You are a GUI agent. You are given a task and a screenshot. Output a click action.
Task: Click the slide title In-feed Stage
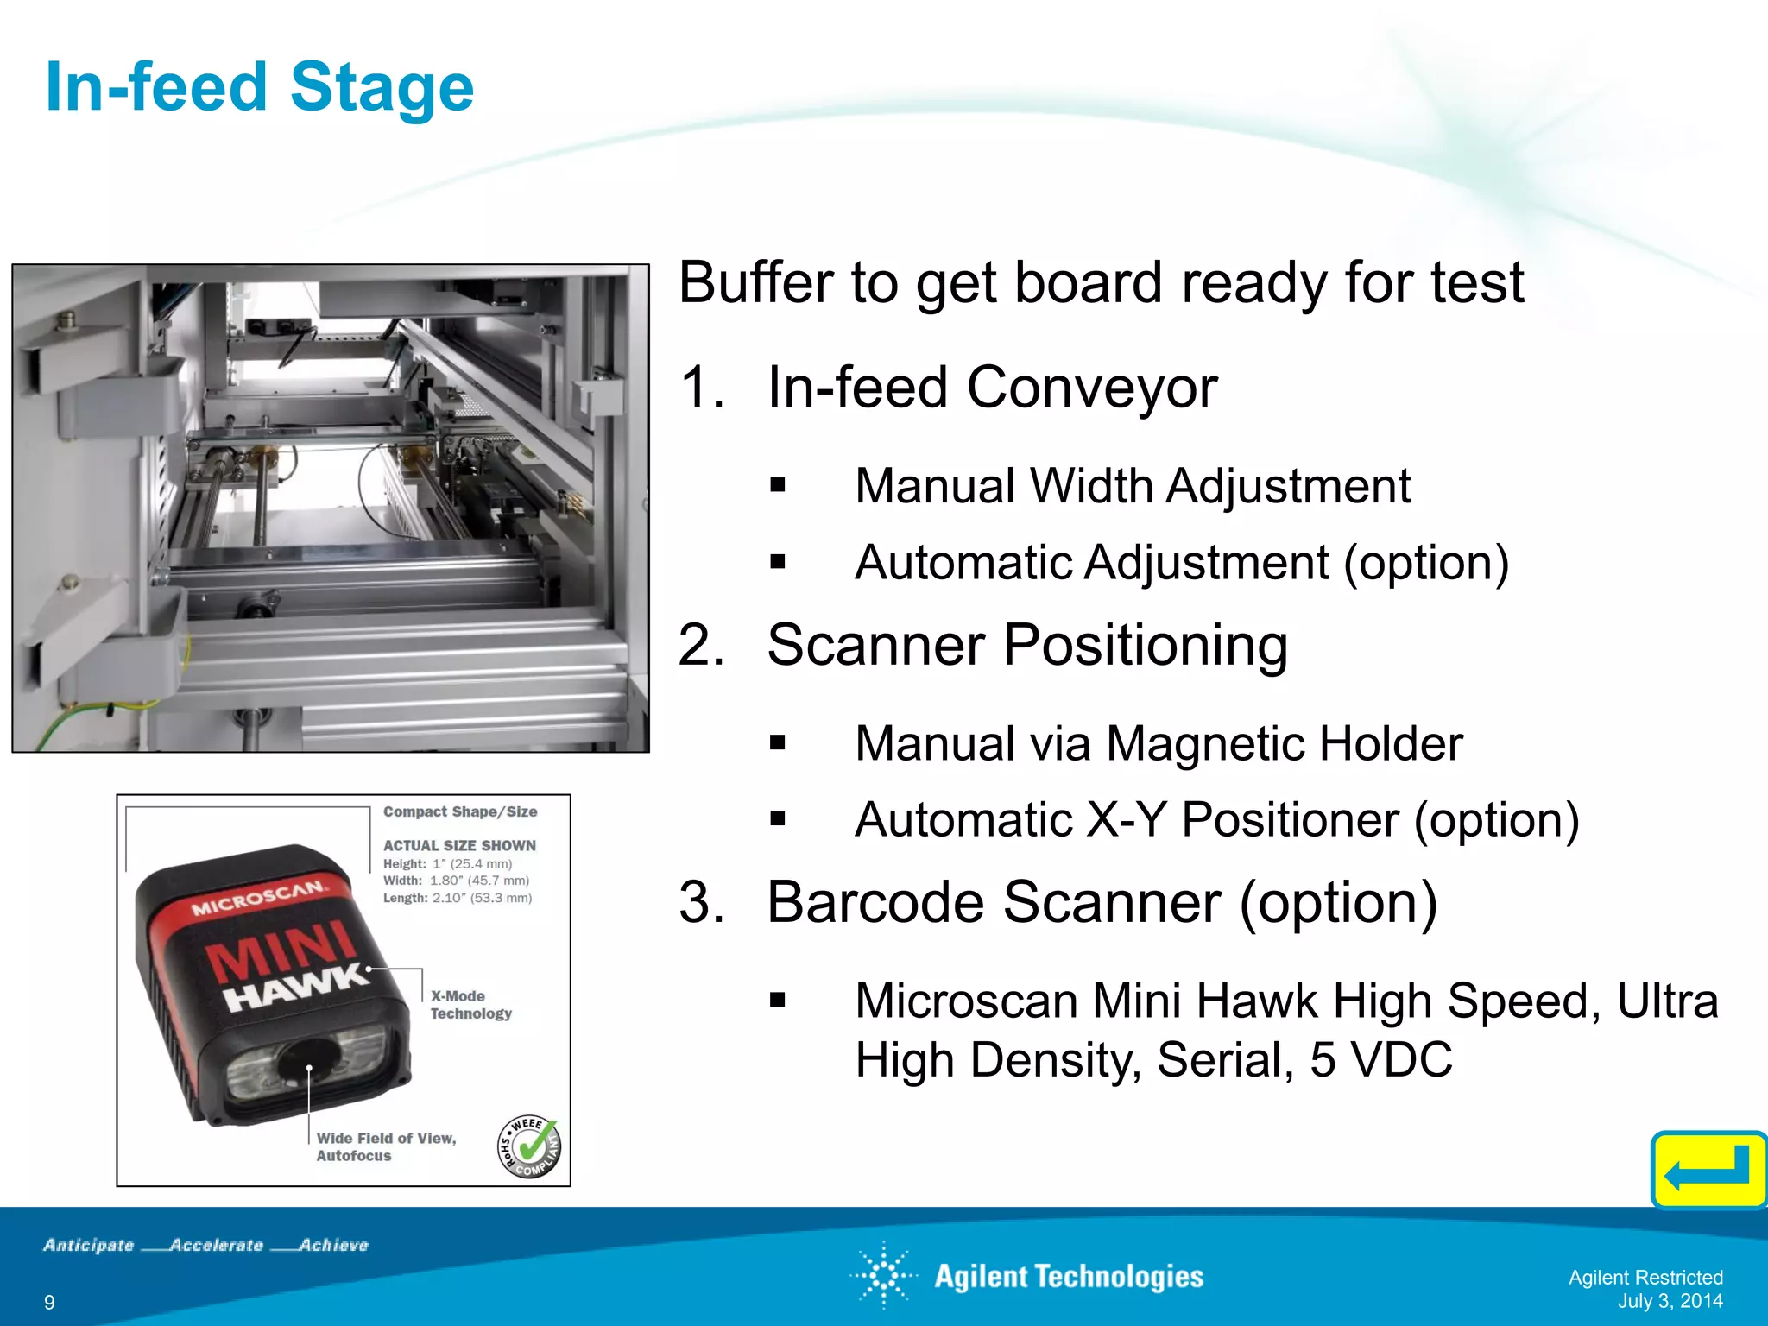(260, 88)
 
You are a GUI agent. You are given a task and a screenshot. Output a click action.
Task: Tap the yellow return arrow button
(1708, 1170)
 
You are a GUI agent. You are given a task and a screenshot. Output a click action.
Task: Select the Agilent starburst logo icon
(884, 1275)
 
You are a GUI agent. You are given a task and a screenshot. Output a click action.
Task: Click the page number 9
(49, 1302)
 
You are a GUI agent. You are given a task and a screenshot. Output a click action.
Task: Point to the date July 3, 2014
(1670, 1301)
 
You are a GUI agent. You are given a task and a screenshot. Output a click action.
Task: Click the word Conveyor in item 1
(1092, 388)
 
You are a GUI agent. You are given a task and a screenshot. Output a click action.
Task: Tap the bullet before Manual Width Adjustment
(778, 485)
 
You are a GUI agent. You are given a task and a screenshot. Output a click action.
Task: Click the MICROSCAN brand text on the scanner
(259, 898)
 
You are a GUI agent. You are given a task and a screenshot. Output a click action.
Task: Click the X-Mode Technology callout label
(470, 1005)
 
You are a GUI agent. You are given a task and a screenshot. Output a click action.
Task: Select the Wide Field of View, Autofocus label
(386, 1147)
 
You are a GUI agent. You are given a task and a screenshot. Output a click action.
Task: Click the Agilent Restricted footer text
(1645, 1277)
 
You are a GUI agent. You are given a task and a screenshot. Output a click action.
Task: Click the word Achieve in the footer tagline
(333, 1245)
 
